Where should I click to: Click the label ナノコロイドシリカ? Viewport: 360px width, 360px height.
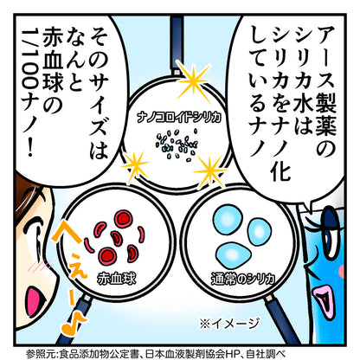click(179, 118)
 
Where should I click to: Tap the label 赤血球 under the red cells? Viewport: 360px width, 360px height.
click(116, 279)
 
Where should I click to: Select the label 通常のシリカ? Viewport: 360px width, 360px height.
click(242, 279)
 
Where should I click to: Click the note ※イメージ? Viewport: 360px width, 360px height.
click(229, 323)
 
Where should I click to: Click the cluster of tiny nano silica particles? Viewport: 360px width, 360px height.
click(177, 145)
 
